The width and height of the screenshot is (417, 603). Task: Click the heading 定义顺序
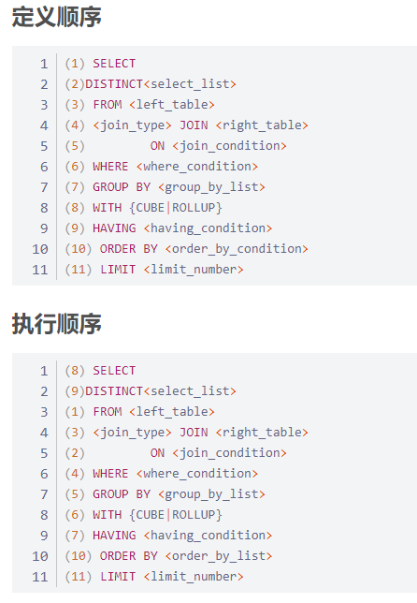pyautogui.click(x=57, y=17)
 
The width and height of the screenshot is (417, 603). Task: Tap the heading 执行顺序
pyautogui.click(x=57, y=324)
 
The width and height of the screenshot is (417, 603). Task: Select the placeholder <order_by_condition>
pyautogui.click(x=237, y=249)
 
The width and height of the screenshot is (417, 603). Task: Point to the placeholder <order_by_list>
pyautogui.click(x=219, y=556)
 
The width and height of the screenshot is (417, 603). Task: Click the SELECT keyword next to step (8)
pyautogui.click(x=114, y=371)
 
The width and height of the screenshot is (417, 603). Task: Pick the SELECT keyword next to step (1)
pyautogui.click(x=114, y=64)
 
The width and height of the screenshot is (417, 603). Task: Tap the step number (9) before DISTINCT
pyautogui.click(x=75, y=391)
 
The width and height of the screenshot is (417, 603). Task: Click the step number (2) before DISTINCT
pyautogui.click(x=75, y=84)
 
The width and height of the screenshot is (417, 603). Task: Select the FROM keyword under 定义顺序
pyautogui.click(x=108, y=105)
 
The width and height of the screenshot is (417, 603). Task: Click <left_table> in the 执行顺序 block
pyautogui.click(x=172, y=412)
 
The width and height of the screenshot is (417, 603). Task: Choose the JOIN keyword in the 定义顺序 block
pyautogui.click(x=194, y=125)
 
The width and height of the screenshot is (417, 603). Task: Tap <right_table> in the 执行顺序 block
pyautogui.click(x=262, y=433)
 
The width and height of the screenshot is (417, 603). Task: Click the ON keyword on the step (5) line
pyautogui.click(x=157, y=146)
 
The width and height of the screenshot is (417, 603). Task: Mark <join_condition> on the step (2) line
pyautogui.click(x=230, y=453)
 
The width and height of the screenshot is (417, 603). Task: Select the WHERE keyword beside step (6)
pyautogui.click(x=110, y=167)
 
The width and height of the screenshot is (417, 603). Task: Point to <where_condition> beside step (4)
pyautogui.click(x=197, y=474)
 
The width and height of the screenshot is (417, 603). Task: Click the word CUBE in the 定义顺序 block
pyautogui.click(x=151, y=208)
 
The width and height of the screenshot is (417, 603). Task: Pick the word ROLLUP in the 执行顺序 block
pyautogui.click(x=194, y=515)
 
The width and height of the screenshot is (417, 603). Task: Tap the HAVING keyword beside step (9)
pyautogui.click(x=114, y=228)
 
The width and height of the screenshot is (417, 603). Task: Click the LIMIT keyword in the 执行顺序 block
pyautogui.click(x=118, y=577)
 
